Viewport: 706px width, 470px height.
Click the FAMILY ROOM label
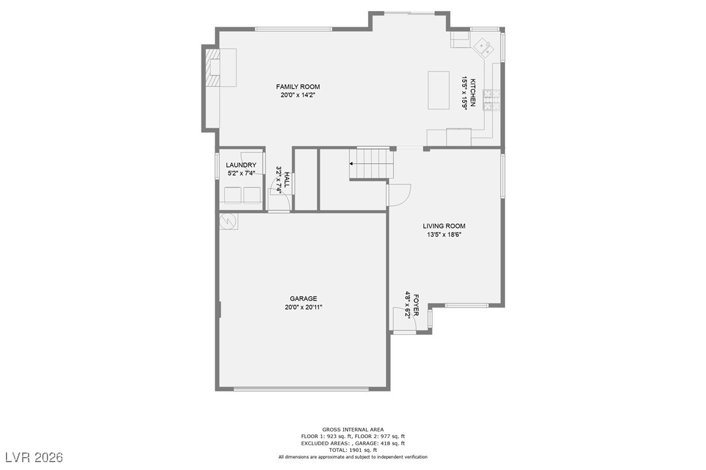298,86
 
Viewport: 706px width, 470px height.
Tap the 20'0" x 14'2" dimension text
298,95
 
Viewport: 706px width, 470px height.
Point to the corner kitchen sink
484,46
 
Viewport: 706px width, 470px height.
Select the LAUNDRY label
241,165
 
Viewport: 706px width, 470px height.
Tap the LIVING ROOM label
444,226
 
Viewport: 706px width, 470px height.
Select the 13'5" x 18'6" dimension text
444,235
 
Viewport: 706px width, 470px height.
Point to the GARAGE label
303,298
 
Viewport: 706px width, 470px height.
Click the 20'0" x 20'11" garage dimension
303,307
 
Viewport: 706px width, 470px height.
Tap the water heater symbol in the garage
228,221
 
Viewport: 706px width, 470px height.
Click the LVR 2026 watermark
33,458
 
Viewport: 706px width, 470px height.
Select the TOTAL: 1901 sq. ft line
353,450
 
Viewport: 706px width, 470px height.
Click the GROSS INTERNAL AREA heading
353,429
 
